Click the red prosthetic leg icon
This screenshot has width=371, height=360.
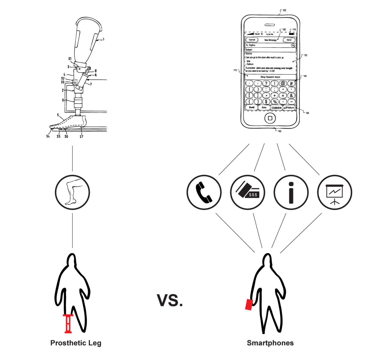coord(68,324)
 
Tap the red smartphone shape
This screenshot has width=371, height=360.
coord(249,305)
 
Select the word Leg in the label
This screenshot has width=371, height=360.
coord(95,343)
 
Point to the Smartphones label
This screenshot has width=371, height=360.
coord(270,343)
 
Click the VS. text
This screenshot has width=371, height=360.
coord(169,301)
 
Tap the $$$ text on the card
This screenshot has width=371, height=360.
coord(253,195)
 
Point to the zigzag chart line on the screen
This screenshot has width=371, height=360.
coord(335,191)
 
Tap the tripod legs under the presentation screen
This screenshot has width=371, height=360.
coord(335,202)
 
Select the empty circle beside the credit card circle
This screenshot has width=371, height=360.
coord(204,192)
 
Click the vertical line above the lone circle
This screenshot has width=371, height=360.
coord(72,158)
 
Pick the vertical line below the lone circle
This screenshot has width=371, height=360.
coord(72,230)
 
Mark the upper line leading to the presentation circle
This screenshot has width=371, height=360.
coord(304,159)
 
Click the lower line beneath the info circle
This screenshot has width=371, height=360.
coord(279,231)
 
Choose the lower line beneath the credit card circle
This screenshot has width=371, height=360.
coord(258,231)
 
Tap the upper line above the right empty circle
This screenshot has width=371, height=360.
coord(234,159)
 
